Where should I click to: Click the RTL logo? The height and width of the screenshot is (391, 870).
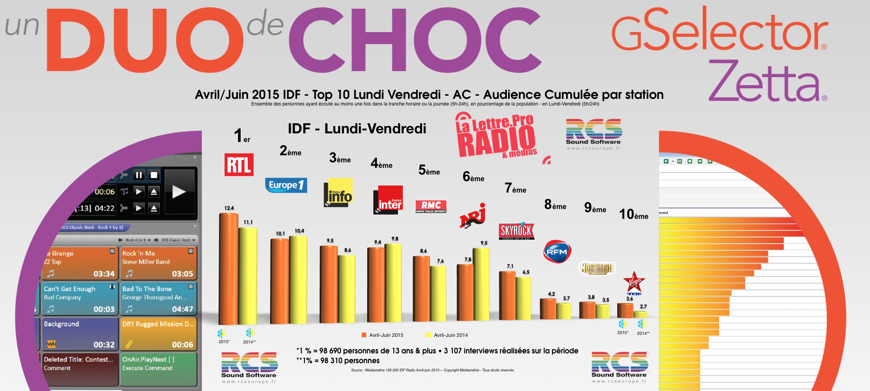pyautogui.click(x=239, y=165)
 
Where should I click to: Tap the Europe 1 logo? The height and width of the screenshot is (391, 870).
pyautogui.click(x=286, y=185)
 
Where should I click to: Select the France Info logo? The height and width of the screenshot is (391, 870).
pyautogui.click(x=338, y=192)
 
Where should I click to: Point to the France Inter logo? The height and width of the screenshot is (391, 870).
pyautogui.click(x=388, y=200)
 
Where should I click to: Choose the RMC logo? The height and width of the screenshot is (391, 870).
pyautogui.click(x=431, y=206)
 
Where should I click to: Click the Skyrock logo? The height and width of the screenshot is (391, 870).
pyautogui.click(x=516, y=231)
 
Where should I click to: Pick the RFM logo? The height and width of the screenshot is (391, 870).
pyautogui.click(x=557, y=252)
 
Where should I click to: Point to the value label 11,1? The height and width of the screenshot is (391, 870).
pyautogui.click(x=248, y=222)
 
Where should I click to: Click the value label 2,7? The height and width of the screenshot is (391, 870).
pyautogui.click(x=643, y=307)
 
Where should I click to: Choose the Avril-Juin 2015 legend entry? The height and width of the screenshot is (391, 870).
pyautogui.click(x=382, y=335)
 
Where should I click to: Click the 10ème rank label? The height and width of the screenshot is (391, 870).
pyautogui.click(x=634, y=214)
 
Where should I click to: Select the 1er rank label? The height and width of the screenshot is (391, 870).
pyautogui.click(x=241, y=136)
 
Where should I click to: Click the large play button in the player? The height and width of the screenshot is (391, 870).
pyautogui.click(x=179, y=191)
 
